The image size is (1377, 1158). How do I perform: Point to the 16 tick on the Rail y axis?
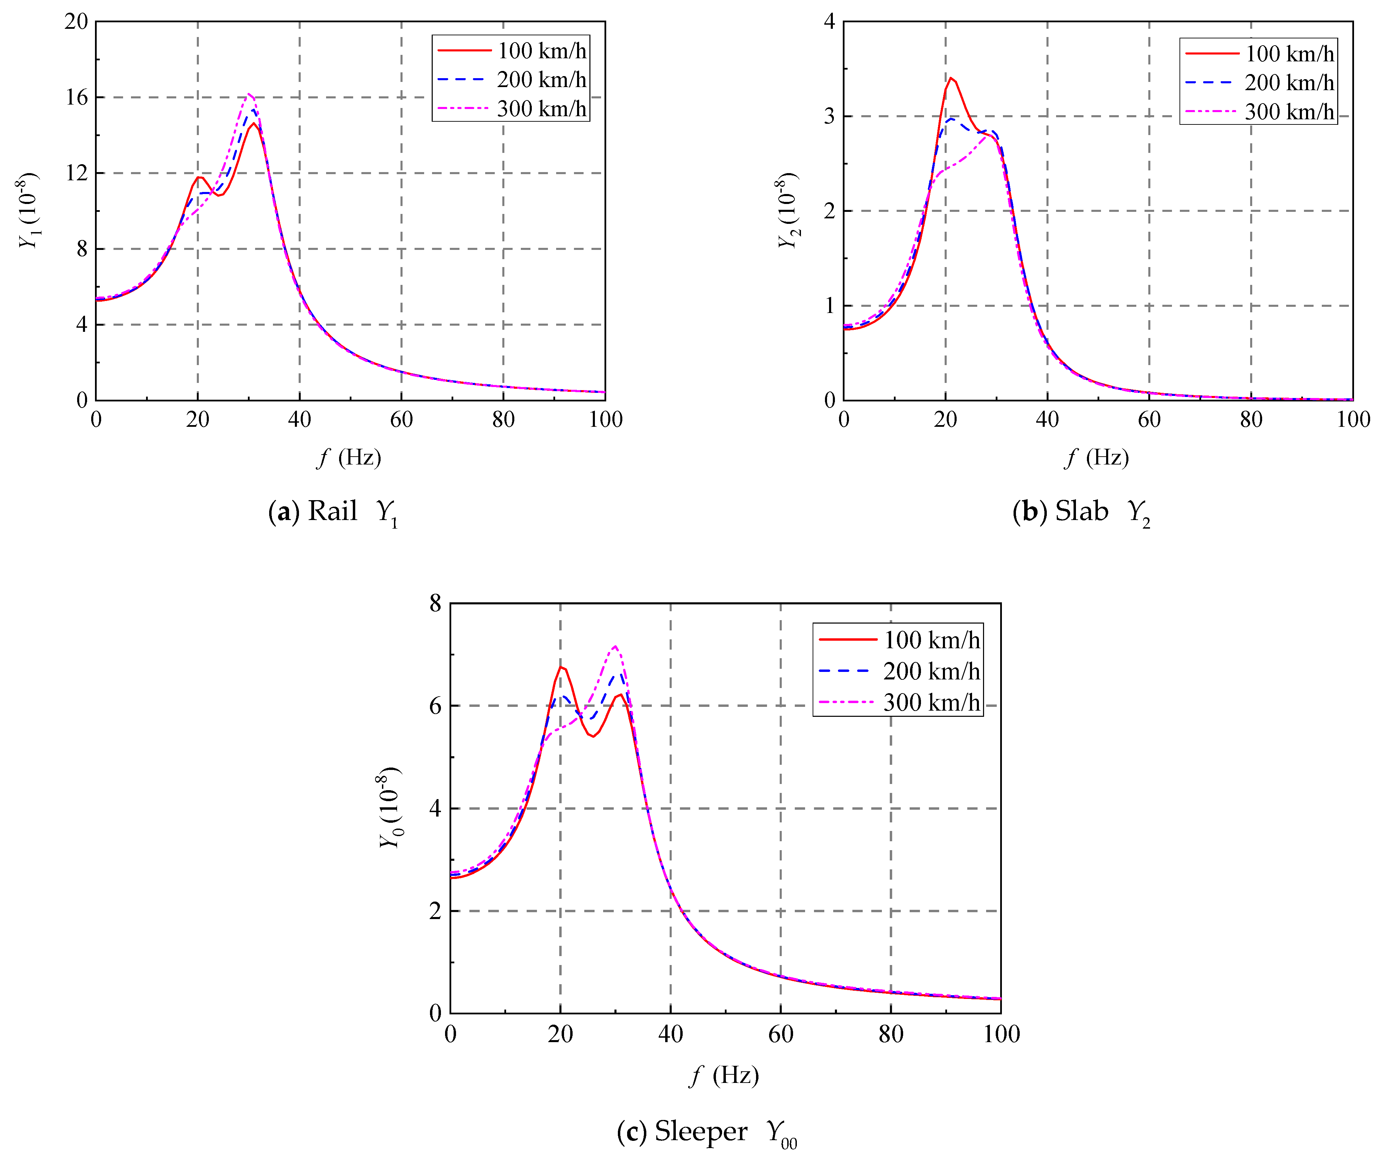click(77, 97)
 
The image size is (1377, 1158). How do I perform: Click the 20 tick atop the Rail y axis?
click(77, 22)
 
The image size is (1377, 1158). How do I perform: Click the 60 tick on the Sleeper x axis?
click(781, 1035)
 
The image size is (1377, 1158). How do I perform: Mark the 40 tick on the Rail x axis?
click(299, 420)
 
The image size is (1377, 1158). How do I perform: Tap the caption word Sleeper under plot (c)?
click(701, 1131)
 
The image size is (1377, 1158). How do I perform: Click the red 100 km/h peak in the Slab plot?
click(950, 78)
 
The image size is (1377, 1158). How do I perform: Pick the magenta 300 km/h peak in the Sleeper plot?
click(615, 646)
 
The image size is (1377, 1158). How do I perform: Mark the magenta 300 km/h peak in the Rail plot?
click(249, 94)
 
